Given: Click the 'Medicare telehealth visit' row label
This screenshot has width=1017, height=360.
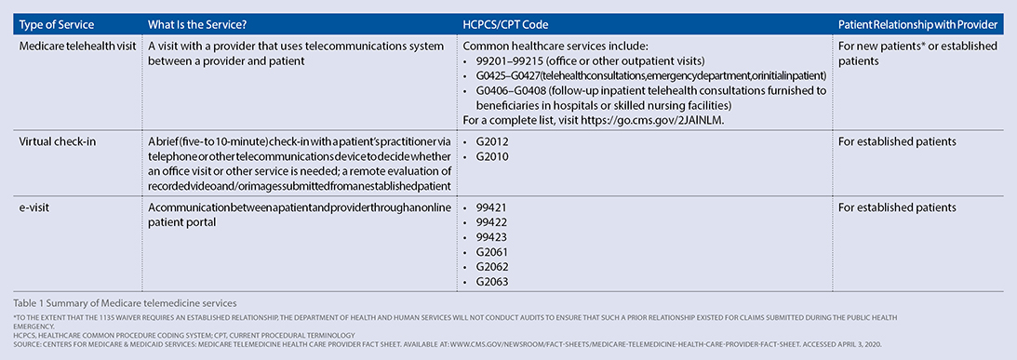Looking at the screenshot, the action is click(x=74, y=46).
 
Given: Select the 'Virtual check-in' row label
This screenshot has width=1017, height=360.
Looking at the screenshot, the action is click(x=57, y=141).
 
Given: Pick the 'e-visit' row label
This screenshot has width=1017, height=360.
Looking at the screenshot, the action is click(x=36, y=207).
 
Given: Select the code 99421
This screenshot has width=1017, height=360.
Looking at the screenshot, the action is click(x=491, y=207).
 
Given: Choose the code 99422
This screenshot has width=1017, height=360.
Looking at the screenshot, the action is click(x=491, y=221).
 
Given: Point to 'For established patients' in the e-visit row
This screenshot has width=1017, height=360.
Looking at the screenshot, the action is click(x=897, y=207).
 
